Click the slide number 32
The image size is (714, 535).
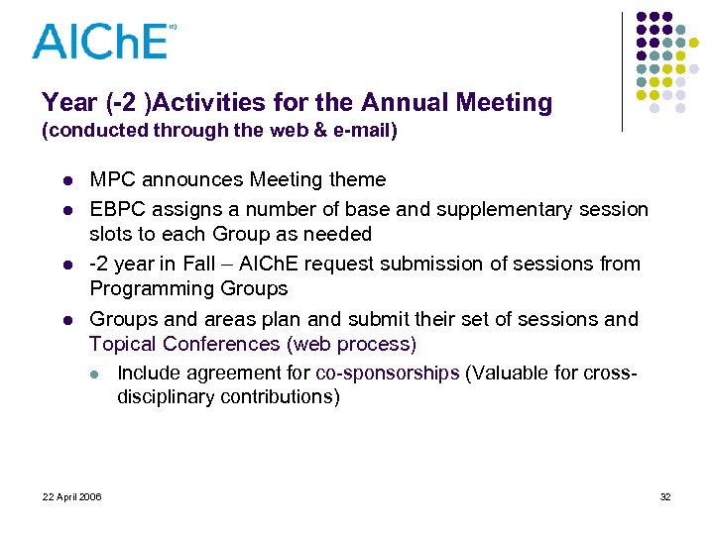(665, 496)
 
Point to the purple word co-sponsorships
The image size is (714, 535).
(387, 374)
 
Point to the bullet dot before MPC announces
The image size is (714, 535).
(65, 181)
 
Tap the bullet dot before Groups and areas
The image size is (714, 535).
(65, 320)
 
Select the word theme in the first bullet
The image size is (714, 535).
(355, 180)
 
